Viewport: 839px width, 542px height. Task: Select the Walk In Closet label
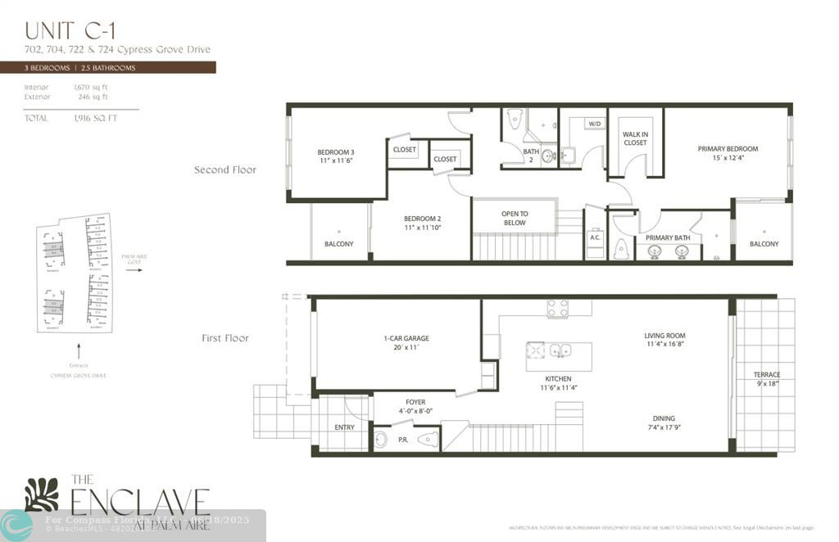pyautogui.click(x=635, y=138)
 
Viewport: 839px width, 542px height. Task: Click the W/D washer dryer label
pyautogui.click(x=594, y=124)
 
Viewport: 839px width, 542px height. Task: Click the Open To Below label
pyautogui.click(x=515, y=218)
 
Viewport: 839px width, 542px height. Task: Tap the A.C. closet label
pyautogui.click(x=596, y=238)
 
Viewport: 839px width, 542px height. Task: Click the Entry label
pyautogui.click(x=345, y=427)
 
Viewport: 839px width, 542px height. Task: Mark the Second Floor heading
pyautogui.click(x=224, y=170)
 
